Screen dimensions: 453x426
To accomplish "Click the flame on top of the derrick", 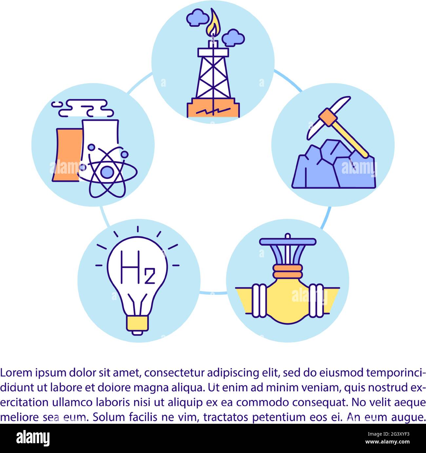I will point(213,24).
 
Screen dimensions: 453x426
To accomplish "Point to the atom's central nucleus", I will point(106,171).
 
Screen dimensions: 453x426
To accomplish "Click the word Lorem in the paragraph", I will point(16,373).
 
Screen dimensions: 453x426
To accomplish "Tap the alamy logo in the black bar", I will point(33,438).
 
